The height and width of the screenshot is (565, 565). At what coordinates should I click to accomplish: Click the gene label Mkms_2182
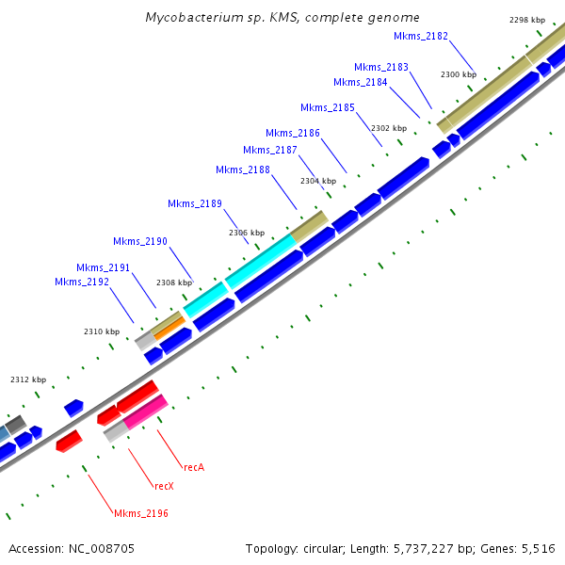pyautogui.click(x=421, y=36)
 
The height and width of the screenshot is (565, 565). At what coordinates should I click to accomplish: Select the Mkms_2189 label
pyautogui.click(x=195, y=203)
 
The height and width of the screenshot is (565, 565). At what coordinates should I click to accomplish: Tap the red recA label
pyautogui.click(x=194, y=466)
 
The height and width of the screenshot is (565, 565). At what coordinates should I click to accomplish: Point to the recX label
pyautogui.click(x=164, y=486)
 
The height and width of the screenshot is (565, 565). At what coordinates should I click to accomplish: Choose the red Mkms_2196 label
pyautogui.click(x=141, y=513)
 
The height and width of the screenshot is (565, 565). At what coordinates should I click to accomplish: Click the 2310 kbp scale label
pyautogui.click(x=102, y=331)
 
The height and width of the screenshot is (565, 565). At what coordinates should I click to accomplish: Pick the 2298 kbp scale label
pyautogui.click(x=526, y=20)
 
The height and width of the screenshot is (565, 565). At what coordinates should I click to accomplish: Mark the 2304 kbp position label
pyautogui.click(x=318, y=181)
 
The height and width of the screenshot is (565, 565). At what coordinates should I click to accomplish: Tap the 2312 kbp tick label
pyautogui.click(x=28, y=379)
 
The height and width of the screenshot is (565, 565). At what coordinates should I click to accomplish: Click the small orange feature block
pyautogui.click(x=169, y=330)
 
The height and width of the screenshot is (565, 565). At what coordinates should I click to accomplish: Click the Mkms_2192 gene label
pyautogui.click(x=82, y=282)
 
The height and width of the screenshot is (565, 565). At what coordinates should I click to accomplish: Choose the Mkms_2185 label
pyautogui.click(x=328, y=107)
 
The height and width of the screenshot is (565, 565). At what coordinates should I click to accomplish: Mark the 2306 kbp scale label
pyautogui.click(x=247, y=233)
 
